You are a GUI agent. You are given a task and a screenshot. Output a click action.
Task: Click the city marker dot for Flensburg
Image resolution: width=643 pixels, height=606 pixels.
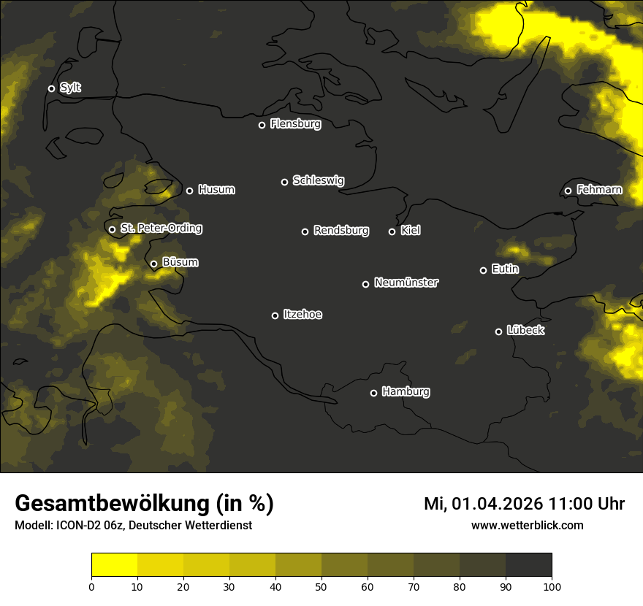coord(262,125)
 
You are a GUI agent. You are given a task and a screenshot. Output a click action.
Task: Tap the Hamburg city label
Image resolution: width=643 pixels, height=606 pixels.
coord(406,392)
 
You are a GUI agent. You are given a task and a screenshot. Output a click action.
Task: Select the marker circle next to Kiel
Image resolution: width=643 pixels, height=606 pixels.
coord(392,231)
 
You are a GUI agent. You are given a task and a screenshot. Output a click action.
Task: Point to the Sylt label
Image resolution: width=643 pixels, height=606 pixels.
coord(70,88)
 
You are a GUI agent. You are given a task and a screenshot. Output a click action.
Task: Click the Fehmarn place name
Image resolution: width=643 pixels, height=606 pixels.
coord(599,190)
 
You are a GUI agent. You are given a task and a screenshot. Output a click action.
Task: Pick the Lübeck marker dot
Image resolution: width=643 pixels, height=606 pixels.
coord(498,331)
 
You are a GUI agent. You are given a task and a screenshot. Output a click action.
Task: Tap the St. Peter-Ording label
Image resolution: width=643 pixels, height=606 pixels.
coord(161,229)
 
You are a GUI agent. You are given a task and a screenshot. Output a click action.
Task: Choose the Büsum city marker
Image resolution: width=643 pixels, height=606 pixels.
coord(153,264)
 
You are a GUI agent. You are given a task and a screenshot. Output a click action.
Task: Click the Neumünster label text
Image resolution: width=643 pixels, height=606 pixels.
coord(406,283)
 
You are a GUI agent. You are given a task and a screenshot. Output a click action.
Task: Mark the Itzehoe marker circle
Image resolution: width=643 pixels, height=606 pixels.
coord(275,315)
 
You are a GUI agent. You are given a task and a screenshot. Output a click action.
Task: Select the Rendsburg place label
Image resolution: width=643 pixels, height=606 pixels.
coord(340,231)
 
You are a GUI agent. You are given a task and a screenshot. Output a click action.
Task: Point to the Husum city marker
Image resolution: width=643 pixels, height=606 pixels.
coord(189,191)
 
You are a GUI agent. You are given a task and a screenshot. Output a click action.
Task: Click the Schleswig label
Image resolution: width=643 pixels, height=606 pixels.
coord(318,180)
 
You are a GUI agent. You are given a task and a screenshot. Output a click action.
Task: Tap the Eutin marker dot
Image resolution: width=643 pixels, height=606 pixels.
coord(483,270)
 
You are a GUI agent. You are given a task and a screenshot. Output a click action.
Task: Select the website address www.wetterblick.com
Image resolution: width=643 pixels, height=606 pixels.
coord(527,526)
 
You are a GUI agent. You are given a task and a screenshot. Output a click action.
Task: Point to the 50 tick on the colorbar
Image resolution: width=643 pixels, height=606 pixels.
coord(321,586)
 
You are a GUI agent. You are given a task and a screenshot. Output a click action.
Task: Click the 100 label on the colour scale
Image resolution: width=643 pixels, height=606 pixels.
coord(552,586)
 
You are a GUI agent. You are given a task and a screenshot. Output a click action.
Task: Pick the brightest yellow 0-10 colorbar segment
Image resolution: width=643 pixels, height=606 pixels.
coord(114,565)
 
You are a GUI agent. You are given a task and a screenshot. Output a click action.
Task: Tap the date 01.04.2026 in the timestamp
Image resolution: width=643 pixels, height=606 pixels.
coord(497,504)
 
